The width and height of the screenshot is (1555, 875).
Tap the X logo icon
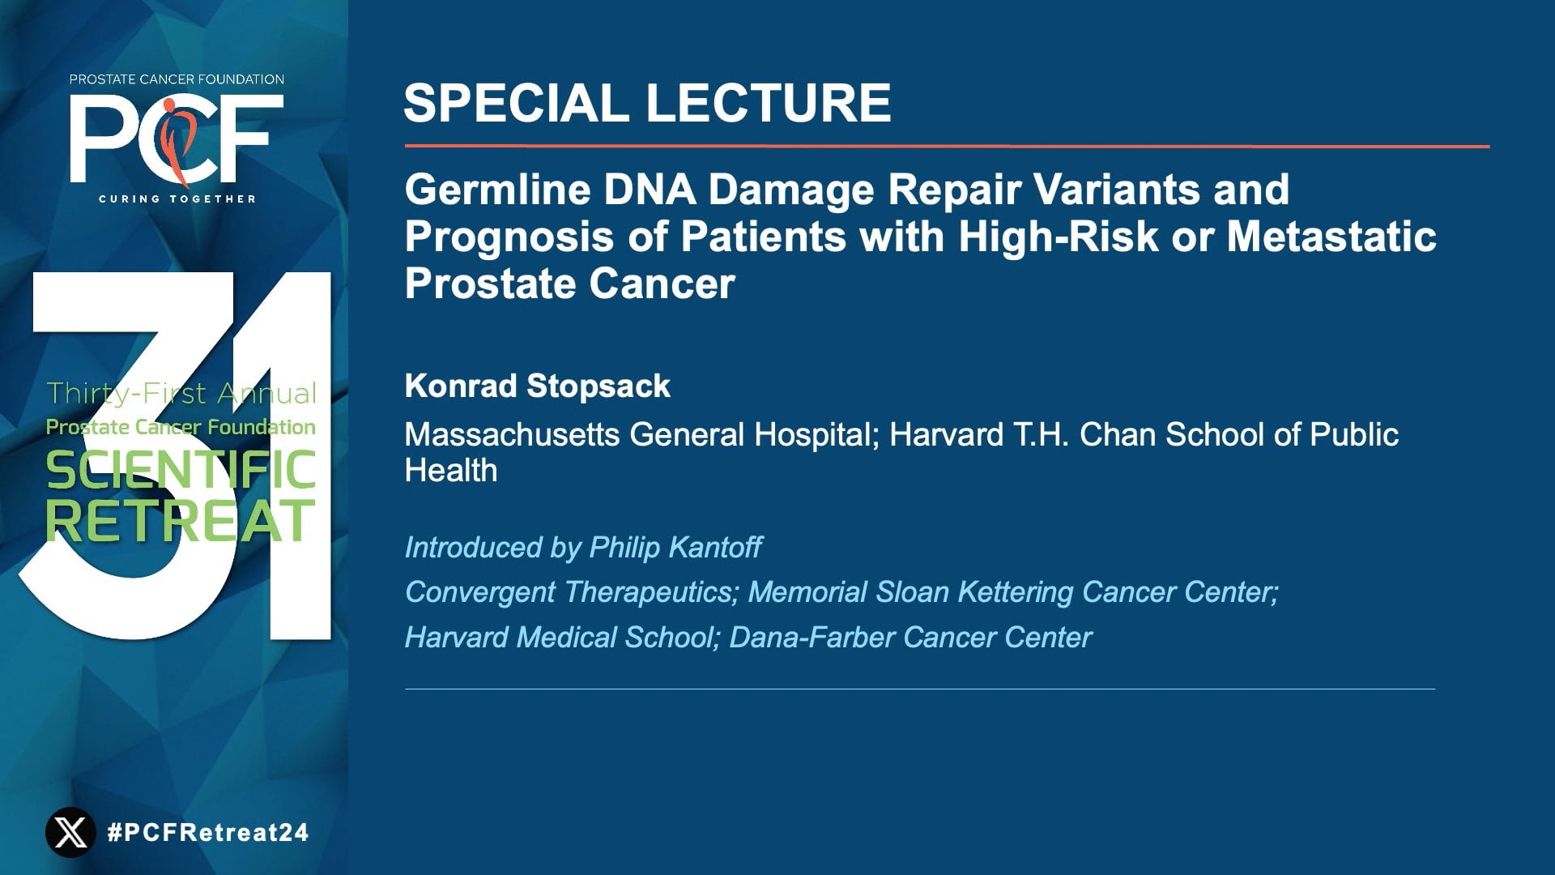(x=70, y=832)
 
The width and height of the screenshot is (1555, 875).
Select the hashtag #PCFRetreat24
(x=208, y=832)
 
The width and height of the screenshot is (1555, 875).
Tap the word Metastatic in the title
(x=1331, y=237)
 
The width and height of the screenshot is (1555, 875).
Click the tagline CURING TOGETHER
(x=177, y=198)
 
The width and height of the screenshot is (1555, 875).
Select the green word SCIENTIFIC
(x=181, y=471)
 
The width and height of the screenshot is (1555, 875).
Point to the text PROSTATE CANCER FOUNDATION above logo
(x=177, y=79)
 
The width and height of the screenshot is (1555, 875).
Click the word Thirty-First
(x=126, y=394)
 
